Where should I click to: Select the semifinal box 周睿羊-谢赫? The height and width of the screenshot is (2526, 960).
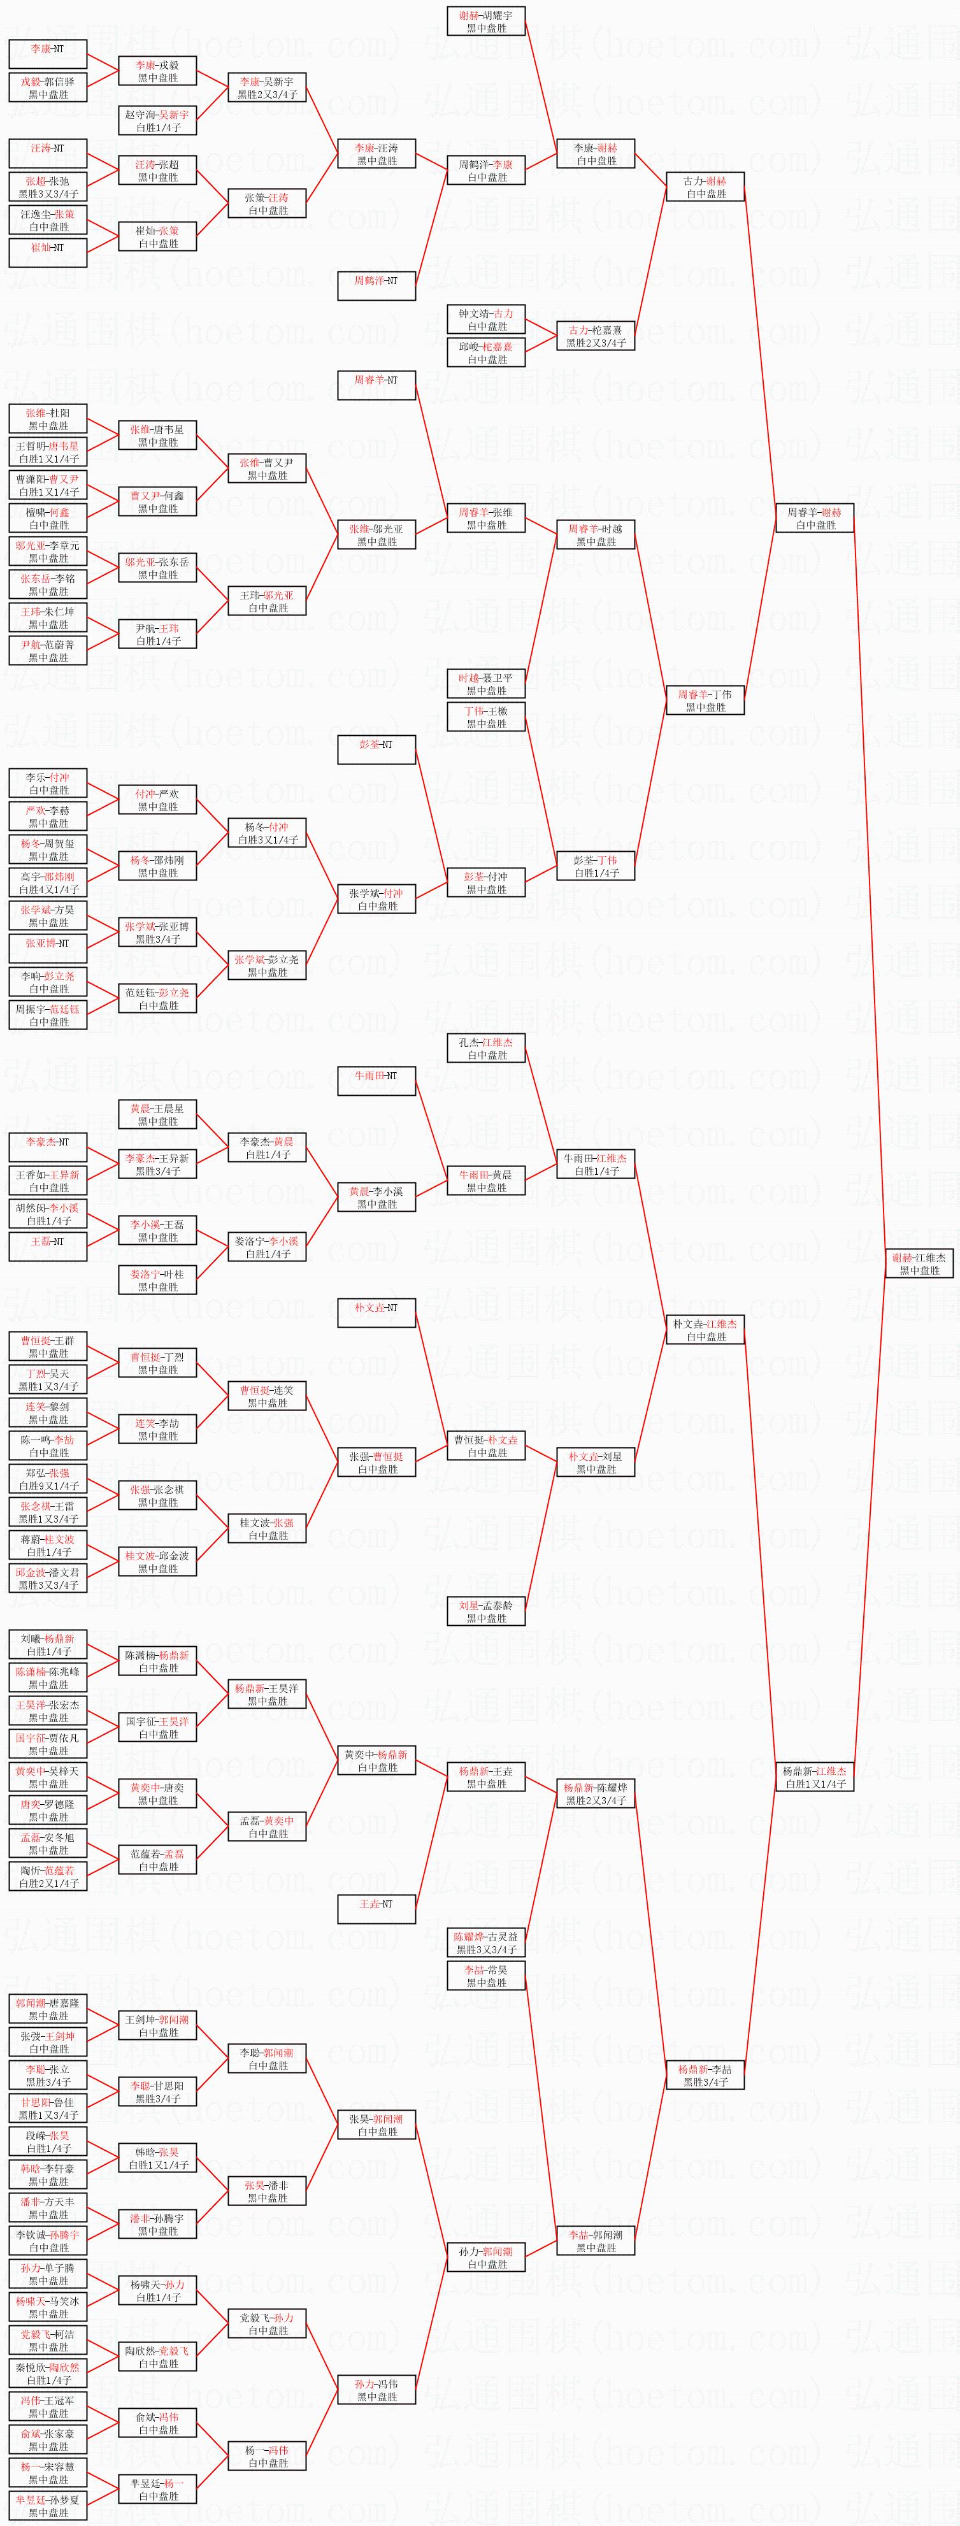tap(814, 518)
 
